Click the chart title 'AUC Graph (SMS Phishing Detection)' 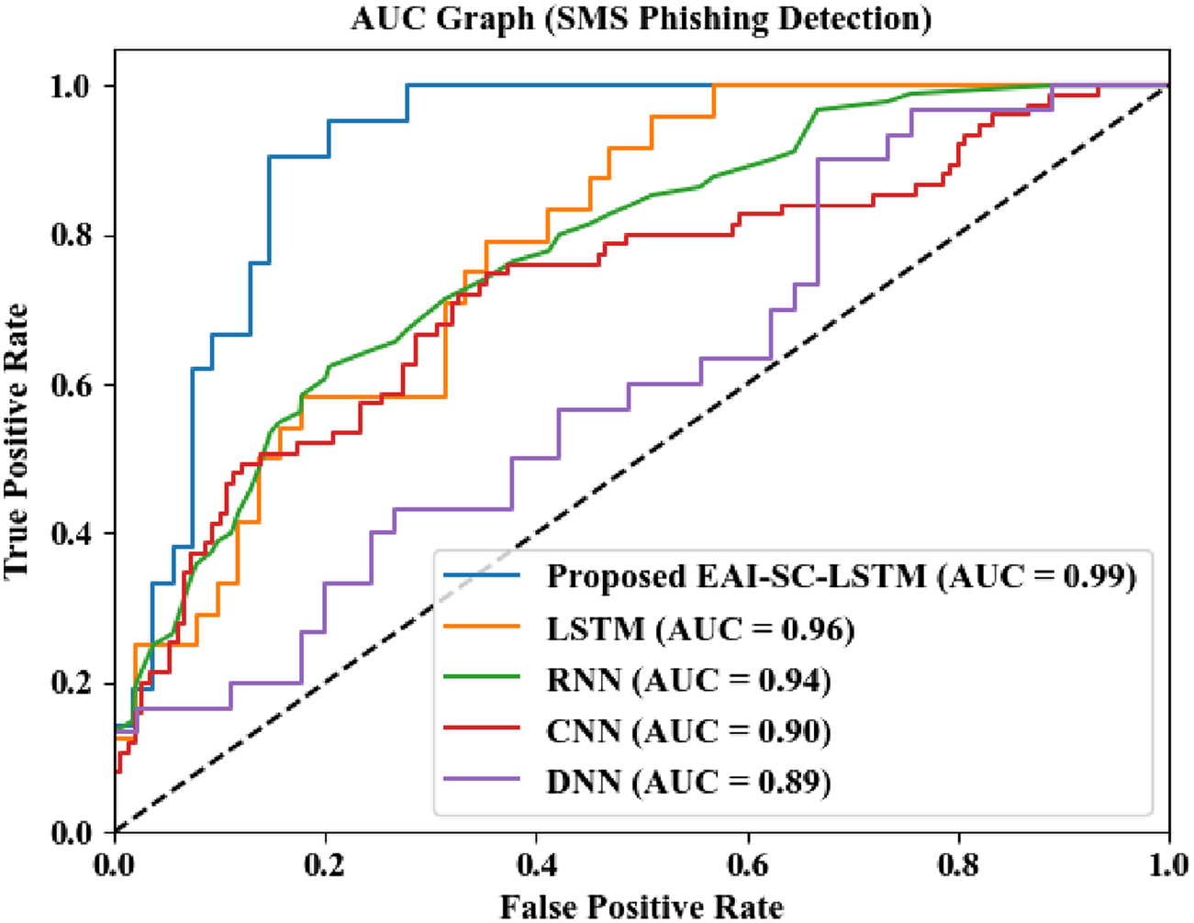641,18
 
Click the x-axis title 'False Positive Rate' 642,906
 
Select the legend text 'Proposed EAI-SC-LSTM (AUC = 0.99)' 842,576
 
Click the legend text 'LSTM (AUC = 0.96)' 701,628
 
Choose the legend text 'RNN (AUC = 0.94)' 689,680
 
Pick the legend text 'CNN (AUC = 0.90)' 689,731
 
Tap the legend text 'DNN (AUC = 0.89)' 689,782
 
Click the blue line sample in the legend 482,576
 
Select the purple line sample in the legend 482,782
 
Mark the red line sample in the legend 482,731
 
